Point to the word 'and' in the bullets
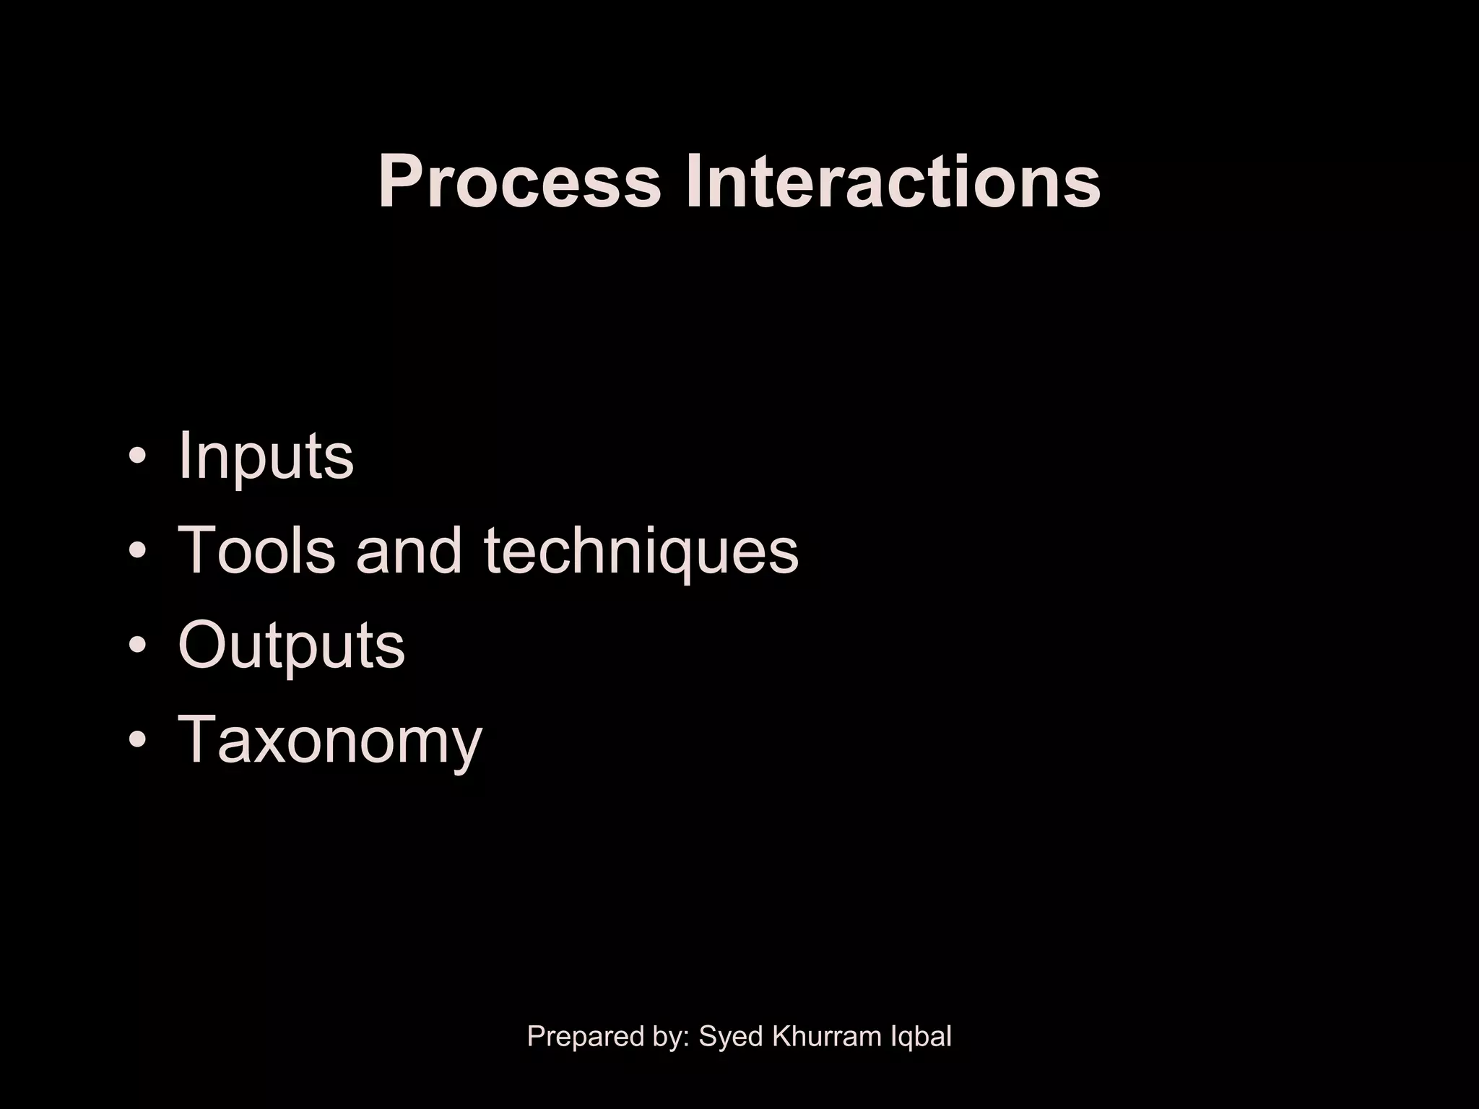coord(408,550)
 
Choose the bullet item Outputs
coord(291,645)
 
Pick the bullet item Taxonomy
coord(329,740)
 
